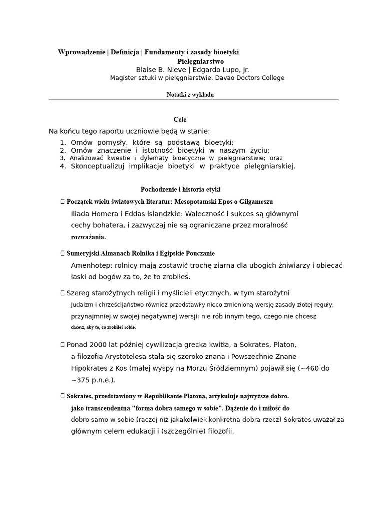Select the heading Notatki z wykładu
click(190, 95)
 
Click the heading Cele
click(180, 120)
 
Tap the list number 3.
click(62, 158)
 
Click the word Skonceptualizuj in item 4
click(98, 166)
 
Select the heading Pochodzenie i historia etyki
click(180, 189)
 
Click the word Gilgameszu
click(255, 201)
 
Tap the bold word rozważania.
click(88, 237)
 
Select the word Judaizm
click(82, 304)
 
